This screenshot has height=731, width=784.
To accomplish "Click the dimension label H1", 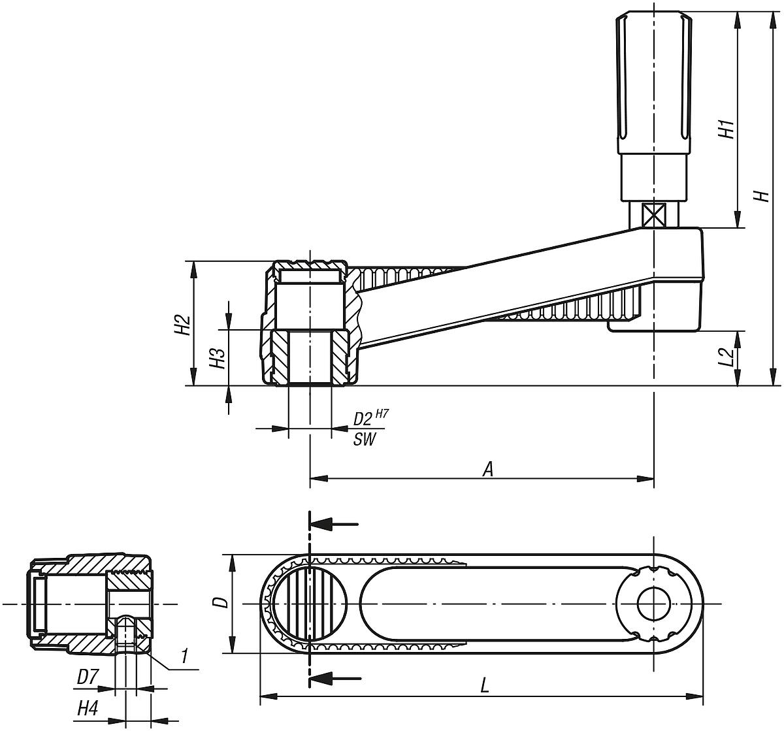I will point(726,128).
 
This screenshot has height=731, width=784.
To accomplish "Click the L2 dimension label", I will point(726,357).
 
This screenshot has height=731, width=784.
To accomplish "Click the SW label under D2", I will point(365,440).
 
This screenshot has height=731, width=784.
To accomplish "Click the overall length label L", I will point(484,686).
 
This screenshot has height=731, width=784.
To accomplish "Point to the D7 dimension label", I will point(87,678).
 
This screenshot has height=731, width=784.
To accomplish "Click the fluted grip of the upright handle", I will point(653,72).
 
